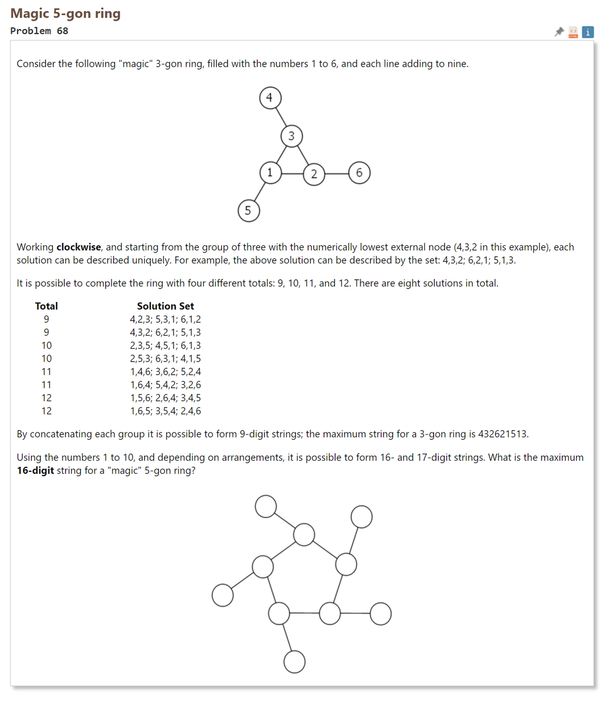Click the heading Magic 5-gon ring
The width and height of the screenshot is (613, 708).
click(65, 14)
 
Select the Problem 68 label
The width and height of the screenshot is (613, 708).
click(39, 31)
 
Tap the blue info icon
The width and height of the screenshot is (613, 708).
click(588, 32)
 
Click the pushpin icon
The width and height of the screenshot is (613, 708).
click(559, 32)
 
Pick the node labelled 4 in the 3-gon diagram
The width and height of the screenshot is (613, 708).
click(270, 97)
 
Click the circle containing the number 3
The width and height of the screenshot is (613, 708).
click(291, 136)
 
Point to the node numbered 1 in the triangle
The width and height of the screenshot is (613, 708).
click(270, 173)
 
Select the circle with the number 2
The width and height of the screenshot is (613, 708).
click(314, 174)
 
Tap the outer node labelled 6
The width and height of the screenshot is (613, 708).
click(359, 173)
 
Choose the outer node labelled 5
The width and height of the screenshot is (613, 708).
click(248, 211)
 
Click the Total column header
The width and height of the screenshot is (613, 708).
click(46, 306)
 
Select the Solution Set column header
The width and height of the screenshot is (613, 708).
click(165, 306)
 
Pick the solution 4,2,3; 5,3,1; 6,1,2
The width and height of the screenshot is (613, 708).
click(165, 319)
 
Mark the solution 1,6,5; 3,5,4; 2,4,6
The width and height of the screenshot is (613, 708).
click(165, 411)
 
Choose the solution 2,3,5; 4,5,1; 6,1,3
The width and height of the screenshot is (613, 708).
click(165, 345)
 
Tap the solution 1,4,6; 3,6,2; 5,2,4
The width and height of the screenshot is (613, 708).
click(165, 372)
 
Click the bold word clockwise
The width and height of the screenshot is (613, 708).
click(78, 247)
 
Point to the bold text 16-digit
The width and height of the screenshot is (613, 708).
click(35, 471)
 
